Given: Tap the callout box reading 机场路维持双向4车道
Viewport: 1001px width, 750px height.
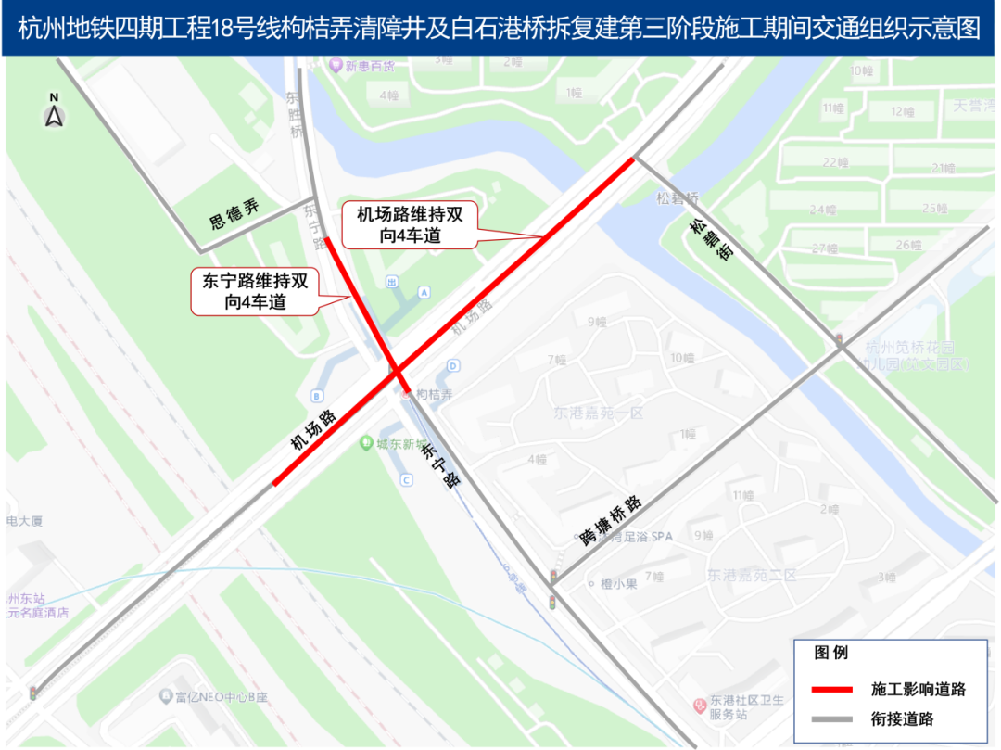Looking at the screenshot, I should point(409,225).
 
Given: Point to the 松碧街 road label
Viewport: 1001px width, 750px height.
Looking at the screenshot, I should point(711,239).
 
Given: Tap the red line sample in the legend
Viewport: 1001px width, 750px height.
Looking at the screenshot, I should point(831,689).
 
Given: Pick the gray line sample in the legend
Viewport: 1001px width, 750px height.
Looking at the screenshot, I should point(831,718).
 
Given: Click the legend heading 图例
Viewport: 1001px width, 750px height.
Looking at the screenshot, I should point(830,653).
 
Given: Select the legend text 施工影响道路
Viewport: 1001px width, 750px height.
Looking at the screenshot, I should point(918,689).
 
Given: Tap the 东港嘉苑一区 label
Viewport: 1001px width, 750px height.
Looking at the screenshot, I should point(598,413).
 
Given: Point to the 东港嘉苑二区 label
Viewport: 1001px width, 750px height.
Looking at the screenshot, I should point(752,576).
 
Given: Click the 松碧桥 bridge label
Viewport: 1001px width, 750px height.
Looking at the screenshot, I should point(677,197).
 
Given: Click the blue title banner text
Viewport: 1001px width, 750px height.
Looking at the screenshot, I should point(500,28).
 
